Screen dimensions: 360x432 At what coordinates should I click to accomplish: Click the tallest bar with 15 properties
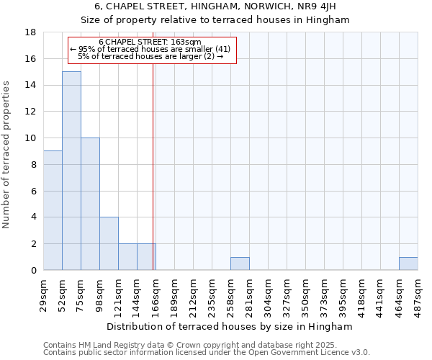point(71,171)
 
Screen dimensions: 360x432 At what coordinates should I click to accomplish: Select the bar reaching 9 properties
point(53,210)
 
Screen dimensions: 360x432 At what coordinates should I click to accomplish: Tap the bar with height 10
point(90,204)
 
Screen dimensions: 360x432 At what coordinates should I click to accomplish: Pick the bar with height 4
point(109,243)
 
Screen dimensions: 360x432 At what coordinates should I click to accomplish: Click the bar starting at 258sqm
point(240,264)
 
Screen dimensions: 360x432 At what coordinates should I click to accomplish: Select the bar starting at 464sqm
point(408,264)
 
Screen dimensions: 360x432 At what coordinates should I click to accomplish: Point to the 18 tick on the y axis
point(31,32)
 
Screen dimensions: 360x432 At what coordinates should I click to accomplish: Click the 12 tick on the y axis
point(31,112)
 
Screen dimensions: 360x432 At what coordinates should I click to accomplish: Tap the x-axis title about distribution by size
point(230,326)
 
